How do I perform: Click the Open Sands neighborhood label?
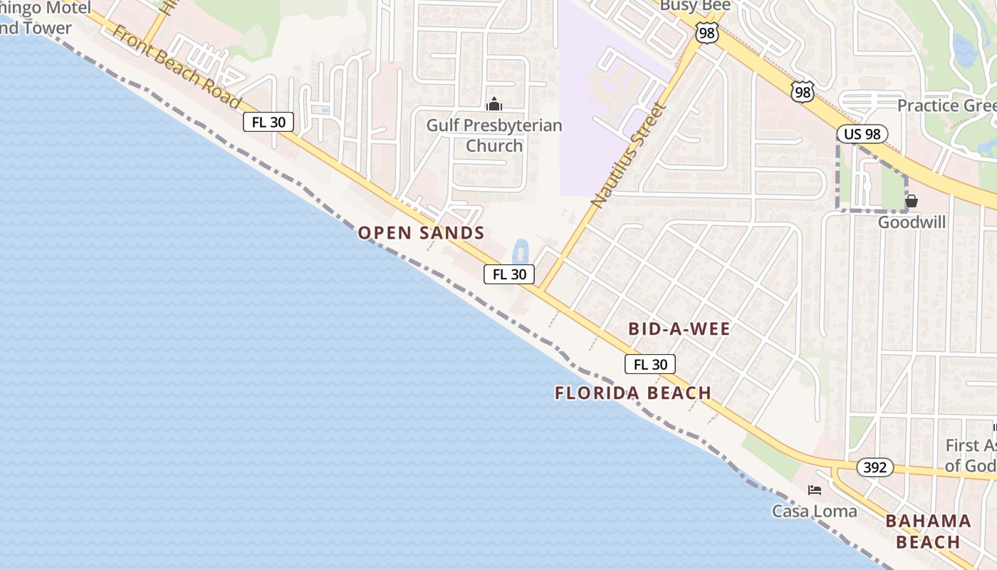(421, 233)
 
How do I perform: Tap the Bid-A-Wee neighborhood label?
(679, 328)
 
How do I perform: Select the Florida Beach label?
(633, 393)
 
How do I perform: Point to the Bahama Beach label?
(928, 532)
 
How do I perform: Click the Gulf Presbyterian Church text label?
(494, 135)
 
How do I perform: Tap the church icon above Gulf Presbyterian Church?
(494, 105)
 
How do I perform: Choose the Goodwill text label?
(912, 222)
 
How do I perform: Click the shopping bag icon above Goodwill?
(912, 201)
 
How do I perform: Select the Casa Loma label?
(814, 511)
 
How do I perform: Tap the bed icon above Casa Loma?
(815, 490)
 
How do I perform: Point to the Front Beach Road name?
(176, 68)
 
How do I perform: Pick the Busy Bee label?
(695, 6)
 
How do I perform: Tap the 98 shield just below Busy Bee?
(707, 33)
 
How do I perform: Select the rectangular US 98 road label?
(862, 134)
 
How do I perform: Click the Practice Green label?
(946, 105)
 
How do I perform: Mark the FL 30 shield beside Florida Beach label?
(650, 365)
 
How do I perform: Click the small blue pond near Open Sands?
(520, 252)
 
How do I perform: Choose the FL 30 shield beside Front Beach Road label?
(268, 122)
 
